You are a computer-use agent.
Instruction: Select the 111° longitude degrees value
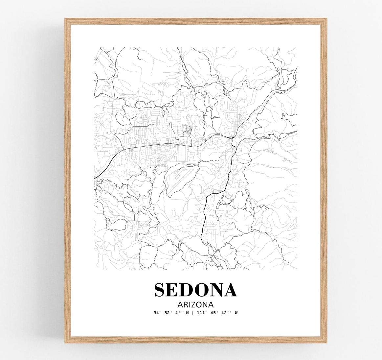pyautogui.click(x=204, y=313)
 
